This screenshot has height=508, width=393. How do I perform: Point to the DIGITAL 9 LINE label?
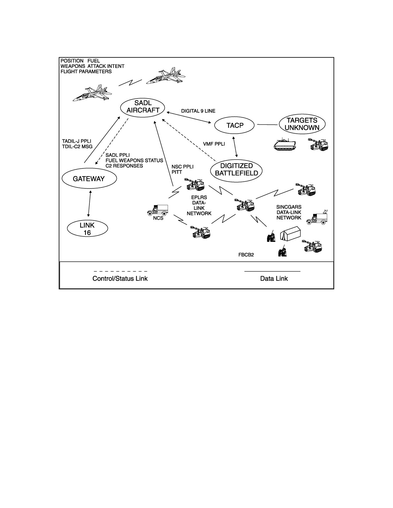pos(198,111)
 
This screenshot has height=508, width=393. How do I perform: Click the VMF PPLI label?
pos(214,144)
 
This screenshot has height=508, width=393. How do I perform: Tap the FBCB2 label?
pos(246,255)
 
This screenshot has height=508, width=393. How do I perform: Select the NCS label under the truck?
pos(158,218)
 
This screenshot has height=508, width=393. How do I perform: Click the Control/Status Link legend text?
pos(120,279)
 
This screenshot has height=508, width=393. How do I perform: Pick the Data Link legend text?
pos(274,278)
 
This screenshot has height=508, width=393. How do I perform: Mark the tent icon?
pos(290,233)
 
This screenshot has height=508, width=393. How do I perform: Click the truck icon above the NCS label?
pos(158,210)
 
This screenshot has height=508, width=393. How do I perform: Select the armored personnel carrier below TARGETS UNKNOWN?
pos(285,144)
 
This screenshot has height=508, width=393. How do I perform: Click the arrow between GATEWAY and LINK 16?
pos(89,204)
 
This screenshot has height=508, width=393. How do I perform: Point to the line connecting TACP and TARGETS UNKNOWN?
pos(267,125)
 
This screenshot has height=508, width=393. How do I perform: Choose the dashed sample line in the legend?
pos(120,272)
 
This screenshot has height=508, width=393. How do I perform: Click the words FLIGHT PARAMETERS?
pos(86,71)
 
